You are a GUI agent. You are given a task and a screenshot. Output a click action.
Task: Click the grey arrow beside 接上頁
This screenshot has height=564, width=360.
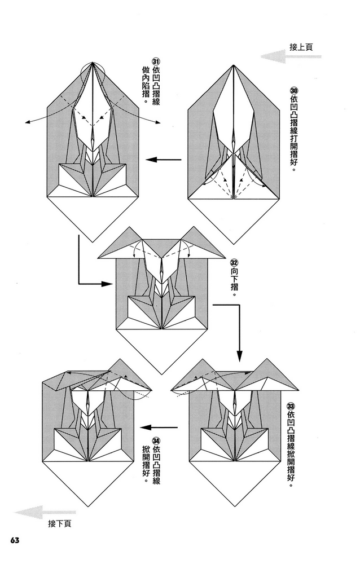tap(274, 56)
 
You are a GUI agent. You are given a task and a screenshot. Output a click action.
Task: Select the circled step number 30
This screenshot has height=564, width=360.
tap(293, 91)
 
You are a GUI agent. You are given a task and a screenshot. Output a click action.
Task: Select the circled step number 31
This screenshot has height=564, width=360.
tap(156, 63)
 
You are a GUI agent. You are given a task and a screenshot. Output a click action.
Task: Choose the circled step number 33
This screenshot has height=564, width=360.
tap(291, 406)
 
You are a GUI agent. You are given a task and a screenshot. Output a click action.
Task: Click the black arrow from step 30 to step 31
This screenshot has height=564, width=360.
tap(164, 160)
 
